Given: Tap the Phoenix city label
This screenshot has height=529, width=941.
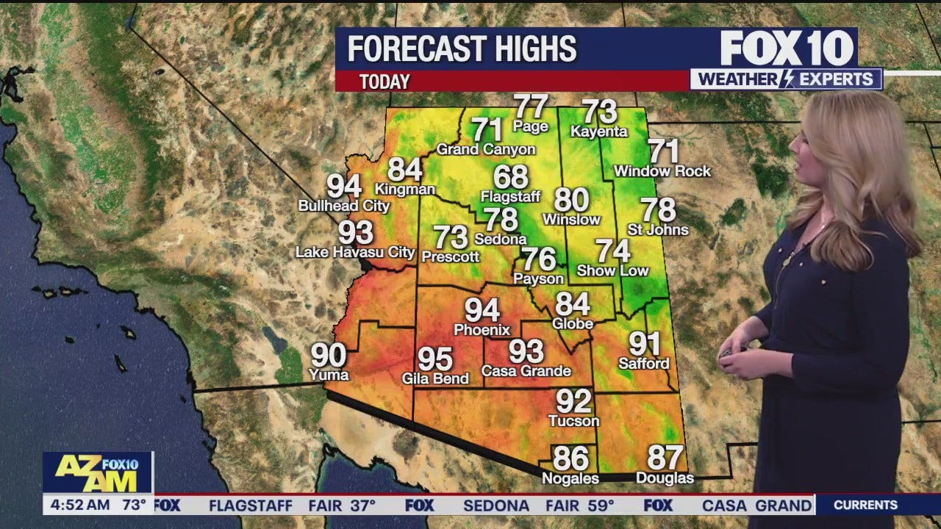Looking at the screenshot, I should click(482, 330).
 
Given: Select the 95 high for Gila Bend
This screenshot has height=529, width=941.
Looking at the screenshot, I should click(435, 360).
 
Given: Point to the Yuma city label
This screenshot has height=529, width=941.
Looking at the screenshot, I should click(329, 375).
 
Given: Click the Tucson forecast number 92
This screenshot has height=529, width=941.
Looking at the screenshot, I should click(573, 402).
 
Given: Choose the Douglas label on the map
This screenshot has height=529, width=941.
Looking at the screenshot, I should click(665, 478).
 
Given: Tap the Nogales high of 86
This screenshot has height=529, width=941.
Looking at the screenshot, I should click(570, 459).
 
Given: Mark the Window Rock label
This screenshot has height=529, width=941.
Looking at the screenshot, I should click(662, 171).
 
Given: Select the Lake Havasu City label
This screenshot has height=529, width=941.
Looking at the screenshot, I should click(355, 252).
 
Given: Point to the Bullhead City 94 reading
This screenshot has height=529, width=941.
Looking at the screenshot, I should click(344, 187).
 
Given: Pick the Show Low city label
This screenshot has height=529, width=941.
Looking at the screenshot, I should click(612, 270).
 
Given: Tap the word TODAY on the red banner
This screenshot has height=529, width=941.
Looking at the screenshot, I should click(384, 82).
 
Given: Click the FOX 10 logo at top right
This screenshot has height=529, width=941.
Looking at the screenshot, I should click(787, 48).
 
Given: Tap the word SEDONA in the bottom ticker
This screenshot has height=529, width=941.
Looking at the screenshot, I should click(496, 505).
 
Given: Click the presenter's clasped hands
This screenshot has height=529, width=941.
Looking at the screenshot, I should click(737, 352).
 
